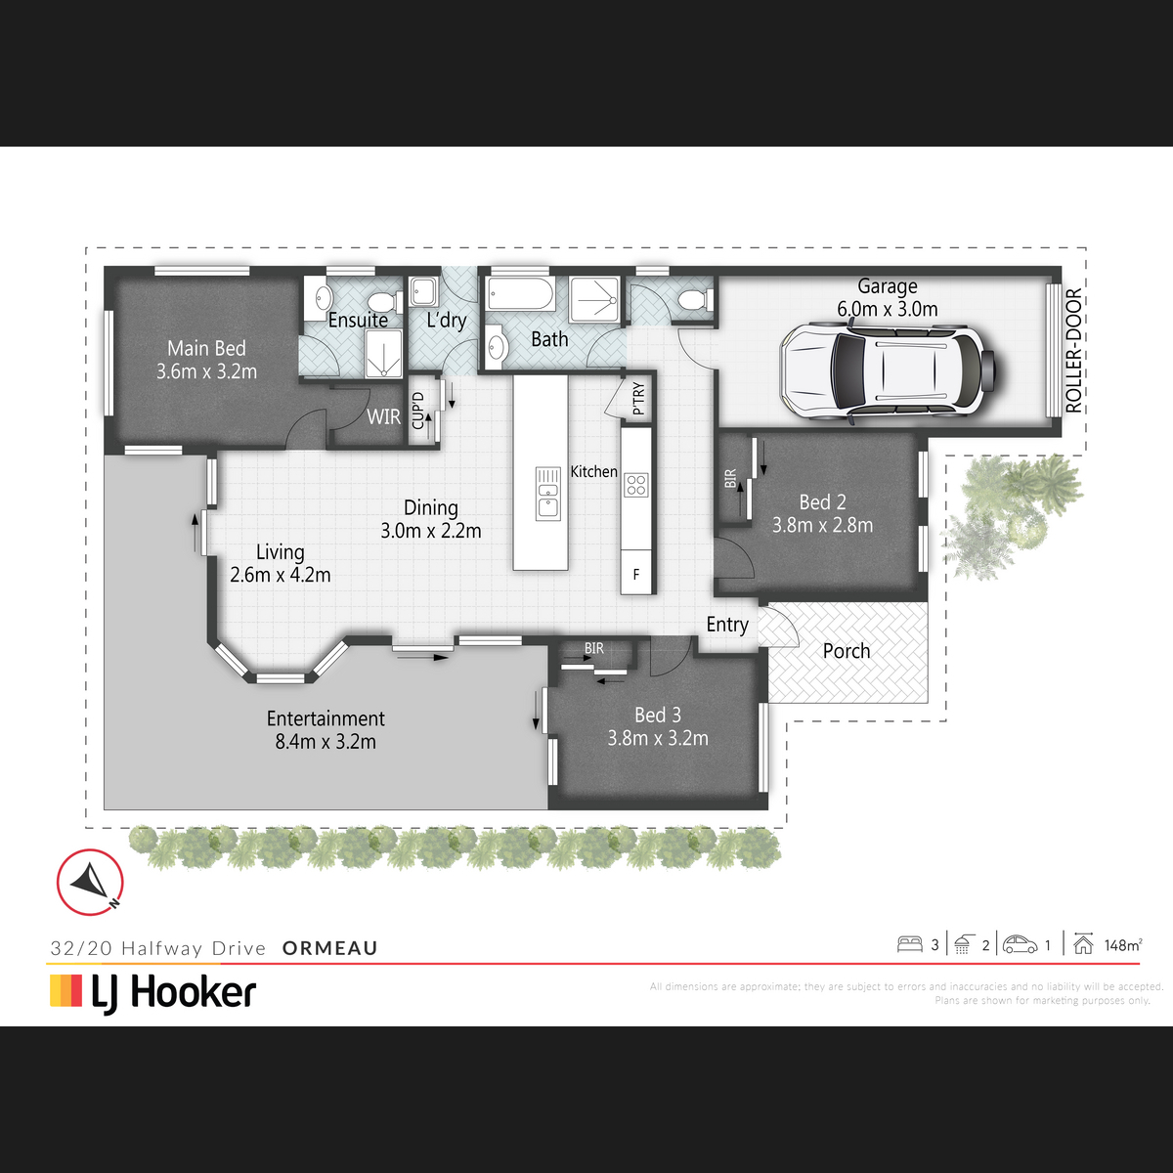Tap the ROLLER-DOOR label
(x=1073, y=351)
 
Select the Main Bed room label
(x=206, y=348)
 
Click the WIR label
(x=383, y=417)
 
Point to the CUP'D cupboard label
(x=418, y=411)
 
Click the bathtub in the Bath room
(x=520, y=294)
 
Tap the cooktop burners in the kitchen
(x=636, y=485)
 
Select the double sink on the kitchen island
(x=547, y=493)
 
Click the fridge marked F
(x=636, y=574)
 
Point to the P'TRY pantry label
(x=638, y=399)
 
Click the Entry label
(x=727, y=626)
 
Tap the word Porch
(x=847, y=651)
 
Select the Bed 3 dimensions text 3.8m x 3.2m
(x=658, y=738)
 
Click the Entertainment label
(x=326, y=718)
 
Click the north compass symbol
(x=90, y=882)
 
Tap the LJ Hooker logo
(x=152, y=993)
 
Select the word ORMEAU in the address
(x=330, y=948)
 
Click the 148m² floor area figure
(x=1123, y=944)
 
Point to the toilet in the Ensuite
(x=386, y=301)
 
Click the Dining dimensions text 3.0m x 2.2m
(x=431, y=531)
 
